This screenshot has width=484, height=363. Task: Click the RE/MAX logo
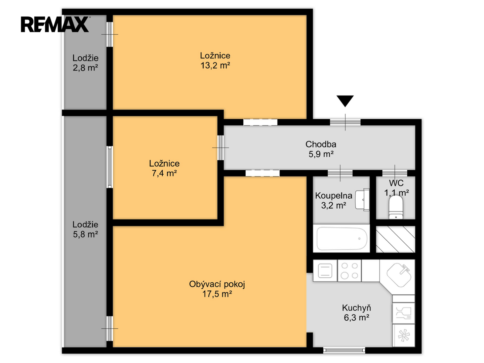point(55,24)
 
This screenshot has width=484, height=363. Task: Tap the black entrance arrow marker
point(345,101)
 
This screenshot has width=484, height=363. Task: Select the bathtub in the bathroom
point(341,239)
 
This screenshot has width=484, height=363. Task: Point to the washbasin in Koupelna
point(362,200)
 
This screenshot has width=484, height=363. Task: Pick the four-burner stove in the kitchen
point(350,271)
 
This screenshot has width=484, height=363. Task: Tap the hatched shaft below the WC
point(395,239)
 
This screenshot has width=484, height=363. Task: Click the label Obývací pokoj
point(217,284)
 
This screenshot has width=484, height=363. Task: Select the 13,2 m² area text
point(215,66)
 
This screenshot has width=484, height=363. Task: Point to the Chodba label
point(321,145)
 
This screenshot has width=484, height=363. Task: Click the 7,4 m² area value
point(164,173)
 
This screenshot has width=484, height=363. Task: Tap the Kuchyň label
point(357,308)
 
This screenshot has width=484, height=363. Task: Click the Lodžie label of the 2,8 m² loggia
point(85,58)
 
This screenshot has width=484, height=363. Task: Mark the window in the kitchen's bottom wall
point(344,350)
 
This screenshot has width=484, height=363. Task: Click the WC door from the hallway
point(395,173)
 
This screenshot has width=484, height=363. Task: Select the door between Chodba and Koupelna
point(340,173)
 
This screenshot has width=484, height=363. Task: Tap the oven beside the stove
point(325,271)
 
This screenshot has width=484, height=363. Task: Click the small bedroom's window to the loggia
point(110,167)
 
